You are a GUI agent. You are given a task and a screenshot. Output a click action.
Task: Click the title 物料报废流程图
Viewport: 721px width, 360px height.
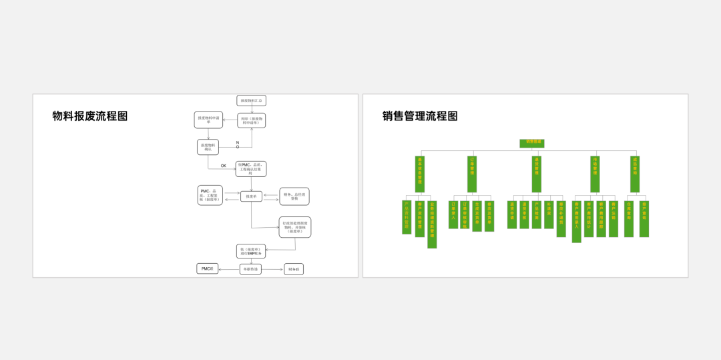click(x=90, y=116)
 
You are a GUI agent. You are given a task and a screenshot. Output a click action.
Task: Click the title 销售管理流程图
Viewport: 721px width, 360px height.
click(x=420, y=116)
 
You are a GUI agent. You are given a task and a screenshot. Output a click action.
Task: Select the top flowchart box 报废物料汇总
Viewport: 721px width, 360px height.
click(x=251, y=101)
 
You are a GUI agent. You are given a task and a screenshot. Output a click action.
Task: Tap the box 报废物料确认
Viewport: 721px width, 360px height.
click(x=208, y=147)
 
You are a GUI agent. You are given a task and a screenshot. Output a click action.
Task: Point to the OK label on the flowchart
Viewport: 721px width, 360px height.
click(x=224, y=166)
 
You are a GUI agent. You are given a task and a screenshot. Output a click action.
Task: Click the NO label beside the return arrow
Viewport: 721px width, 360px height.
click(x=237, y=144)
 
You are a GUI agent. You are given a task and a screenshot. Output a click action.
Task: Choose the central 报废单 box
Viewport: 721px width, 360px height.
click(x=251, y=196)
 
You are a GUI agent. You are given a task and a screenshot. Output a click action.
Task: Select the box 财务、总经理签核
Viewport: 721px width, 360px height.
click(x=294, y=196)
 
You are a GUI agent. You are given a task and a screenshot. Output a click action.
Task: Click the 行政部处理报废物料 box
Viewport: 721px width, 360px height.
click(x=294, y=227)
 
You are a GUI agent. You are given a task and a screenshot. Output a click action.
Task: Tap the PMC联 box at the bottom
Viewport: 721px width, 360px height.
click(x=207, y=268)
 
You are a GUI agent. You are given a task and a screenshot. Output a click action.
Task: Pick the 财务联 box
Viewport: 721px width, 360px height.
click(x=293, y=269)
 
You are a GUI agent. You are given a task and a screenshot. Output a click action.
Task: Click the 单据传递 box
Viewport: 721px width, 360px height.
click(x=250, y=269)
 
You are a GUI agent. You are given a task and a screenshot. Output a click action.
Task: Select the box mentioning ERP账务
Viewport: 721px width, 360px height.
click(x=250, y=251)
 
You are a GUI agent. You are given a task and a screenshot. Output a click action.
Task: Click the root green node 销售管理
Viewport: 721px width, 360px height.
click(x=532, y=143)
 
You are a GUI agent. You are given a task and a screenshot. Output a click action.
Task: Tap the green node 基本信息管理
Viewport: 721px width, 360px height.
click(x=420, y=174)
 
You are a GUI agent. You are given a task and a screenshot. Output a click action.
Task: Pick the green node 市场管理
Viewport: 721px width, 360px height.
click(x=595, y=174)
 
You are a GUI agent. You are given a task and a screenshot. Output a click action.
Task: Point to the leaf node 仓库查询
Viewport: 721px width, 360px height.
click(x=629, y=218)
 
